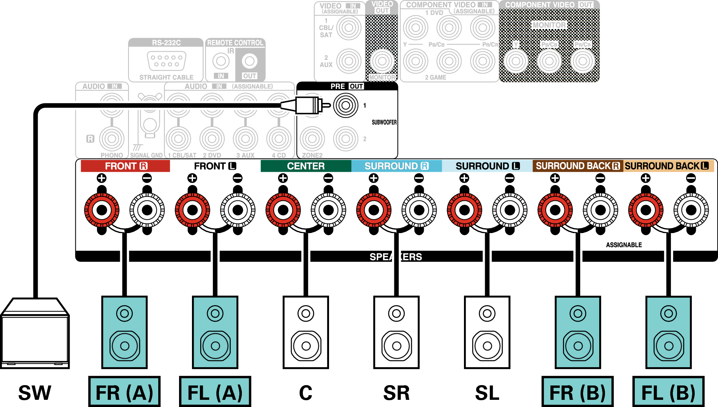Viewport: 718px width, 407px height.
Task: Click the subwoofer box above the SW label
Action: [35, 333]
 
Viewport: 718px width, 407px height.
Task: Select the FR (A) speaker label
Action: [124, 392]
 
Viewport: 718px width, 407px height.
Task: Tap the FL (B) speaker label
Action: [668, 392]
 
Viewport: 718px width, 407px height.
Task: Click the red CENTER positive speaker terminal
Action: [283, 210]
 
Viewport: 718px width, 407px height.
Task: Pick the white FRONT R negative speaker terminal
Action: [147, 210]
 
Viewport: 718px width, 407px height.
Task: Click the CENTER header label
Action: [306, 166]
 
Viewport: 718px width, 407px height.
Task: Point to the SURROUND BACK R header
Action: [578, 166]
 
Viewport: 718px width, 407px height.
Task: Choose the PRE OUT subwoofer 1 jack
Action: [346, 105]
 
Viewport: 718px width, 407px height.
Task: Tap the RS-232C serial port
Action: [166, 61]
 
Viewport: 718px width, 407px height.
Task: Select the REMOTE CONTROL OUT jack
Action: [249, 61]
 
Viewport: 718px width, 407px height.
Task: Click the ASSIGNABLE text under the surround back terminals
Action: [624, 245]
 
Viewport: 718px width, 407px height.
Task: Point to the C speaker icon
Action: [306, 332]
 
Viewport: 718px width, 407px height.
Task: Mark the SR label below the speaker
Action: [396, 393]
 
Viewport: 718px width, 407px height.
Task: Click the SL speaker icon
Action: [487, 332]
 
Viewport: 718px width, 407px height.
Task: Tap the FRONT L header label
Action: [215, 166]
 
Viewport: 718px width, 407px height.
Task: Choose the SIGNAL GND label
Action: [146, 155]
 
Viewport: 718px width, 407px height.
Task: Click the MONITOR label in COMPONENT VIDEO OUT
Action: [549, 25]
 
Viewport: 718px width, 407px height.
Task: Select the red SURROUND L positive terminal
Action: [464, 210]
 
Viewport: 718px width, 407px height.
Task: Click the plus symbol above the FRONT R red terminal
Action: [102, 178]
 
